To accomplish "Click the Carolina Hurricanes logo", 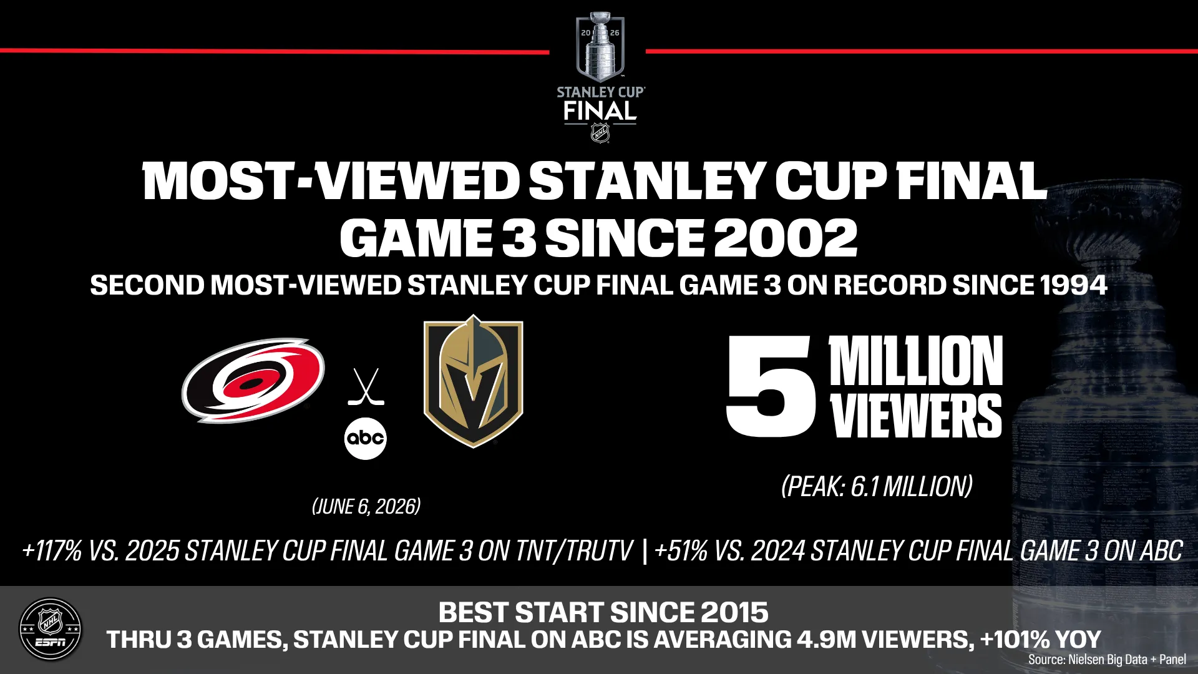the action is [253, 381].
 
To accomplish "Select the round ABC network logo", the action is [366, 438].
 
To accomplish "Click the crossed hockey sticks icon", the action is [366, 387].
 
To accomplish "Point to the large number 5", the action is [771, 386].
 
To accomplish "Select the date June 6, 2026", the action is [366, 506].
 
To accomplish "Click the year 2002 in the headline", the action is [786, 238].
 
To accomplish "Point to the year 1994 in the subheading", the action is [1073, 285].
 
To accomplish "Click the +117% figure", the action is [52, 551].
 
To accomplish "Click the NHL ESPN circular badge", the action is [50, 629].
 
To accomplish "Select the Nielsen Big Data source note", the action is [1107, 659].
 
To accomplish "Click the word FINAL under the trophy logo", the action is [600, 111].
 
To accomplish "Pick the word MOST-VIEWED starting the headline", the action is [331, 181].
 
